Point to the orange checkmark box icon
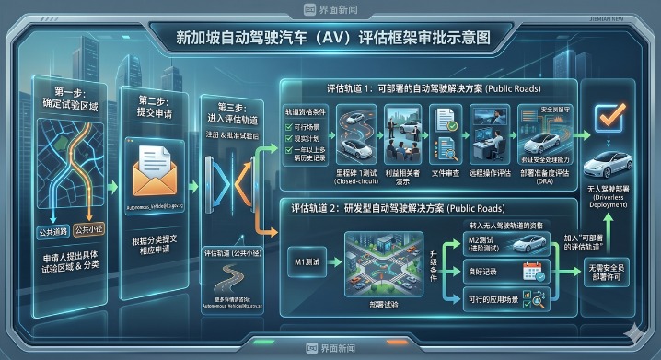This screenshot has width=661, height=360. coord(609,118)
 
